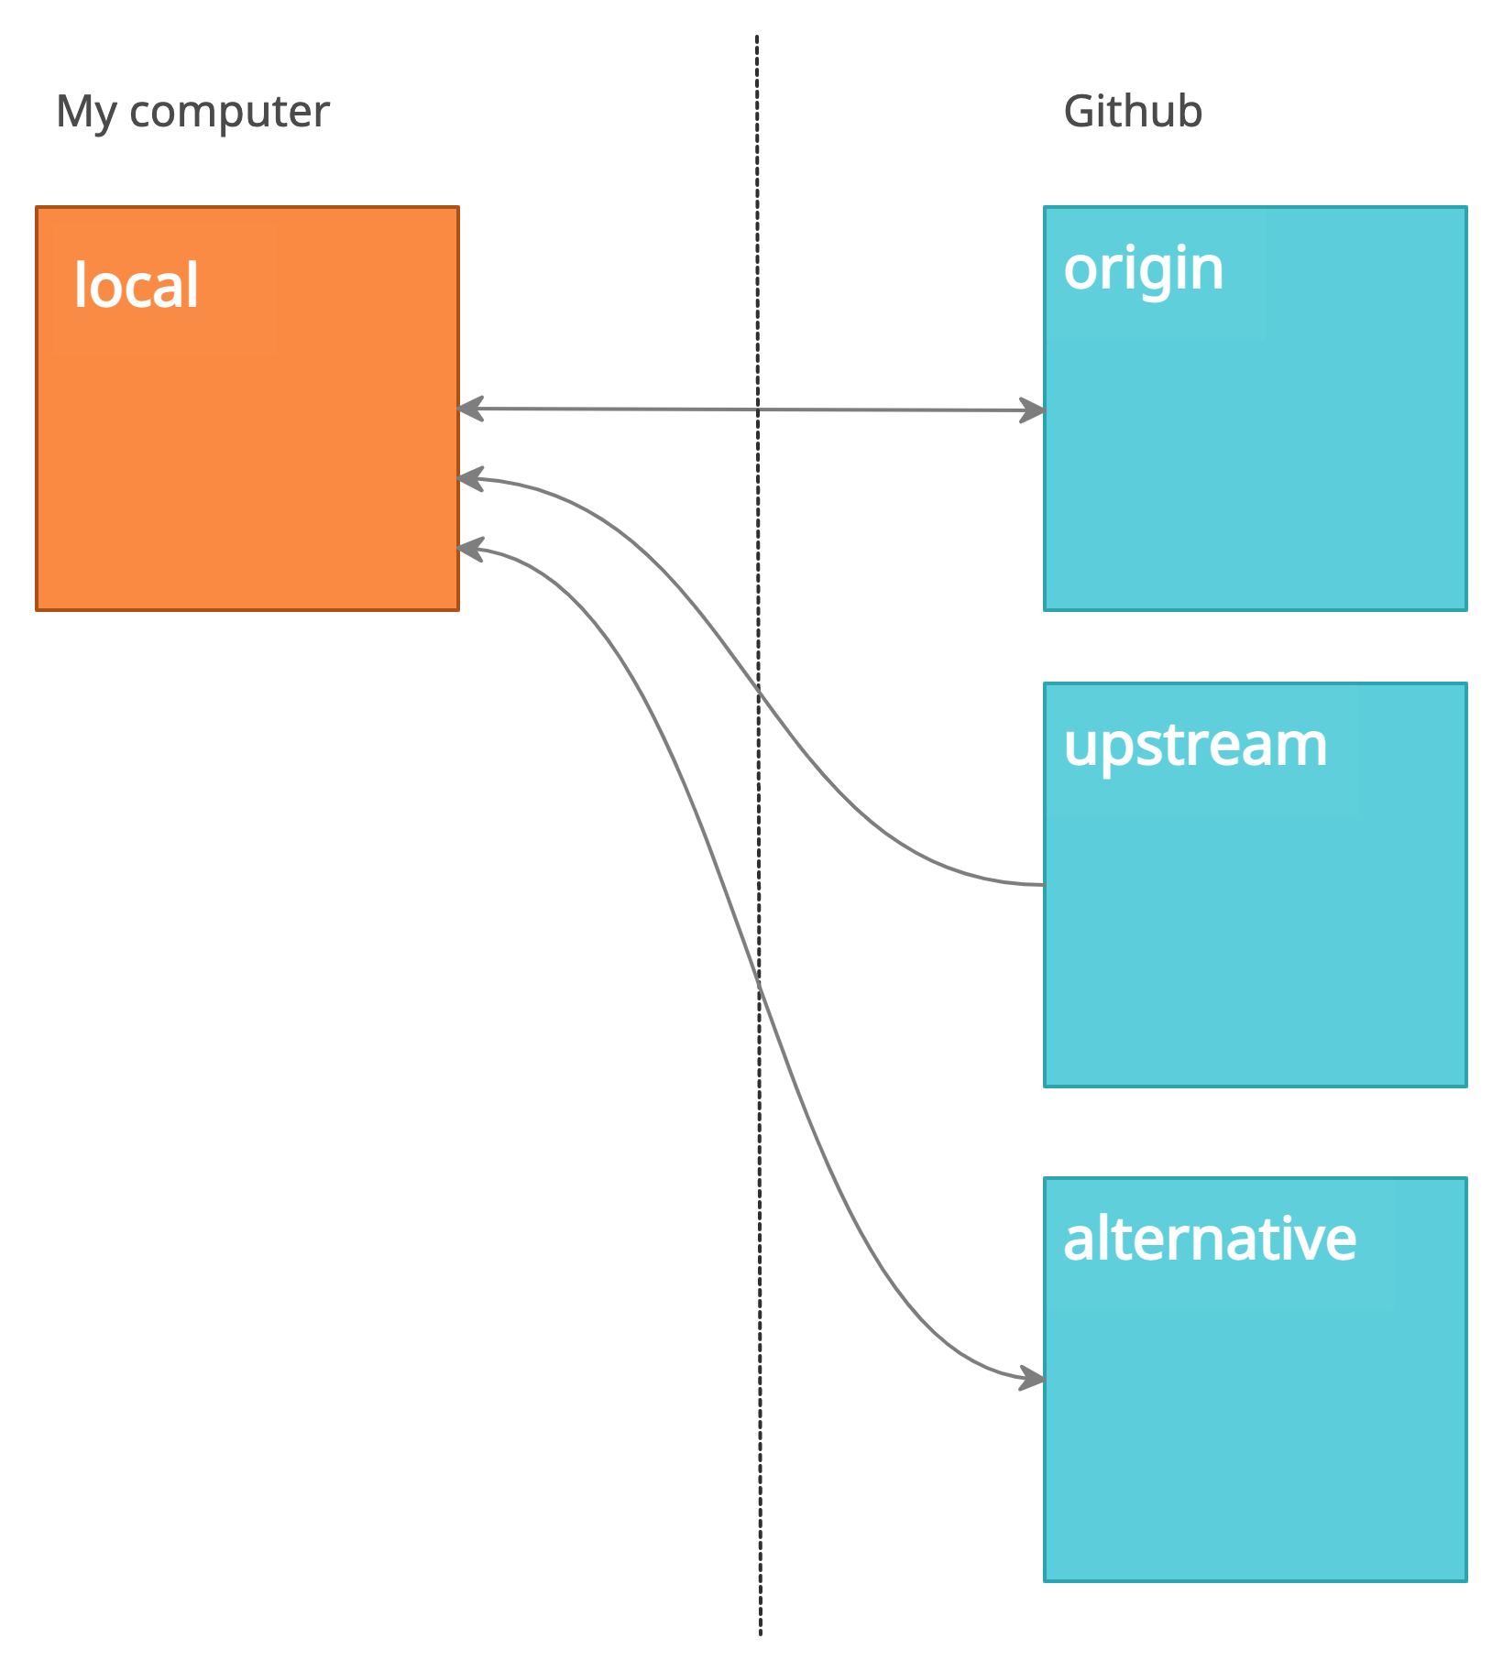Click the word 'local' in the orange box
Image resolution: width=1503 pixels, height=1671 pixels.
click(136, 285)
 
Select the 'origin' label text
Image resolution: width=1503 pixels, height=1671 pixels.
click(1143, 269)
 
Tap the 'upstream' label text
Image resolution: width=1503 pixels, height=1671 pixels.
click(1195, 746)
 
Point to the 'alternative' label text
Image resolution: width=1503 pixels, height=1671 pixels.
click(1209, 1239)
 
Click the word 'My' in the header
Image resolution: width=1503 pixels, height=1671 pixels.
click(86, 113)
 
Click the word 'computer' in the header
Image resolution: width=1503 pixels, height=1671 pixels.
click(229, 113)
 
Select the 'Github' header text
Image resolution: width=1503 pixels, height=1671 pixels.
click(1133, 112)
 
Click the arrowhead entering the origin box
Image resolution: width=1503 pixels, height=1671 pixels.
click(1034, 410)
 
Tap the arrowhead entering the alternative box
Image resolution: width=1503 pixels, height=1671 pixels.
click(1034, 1378)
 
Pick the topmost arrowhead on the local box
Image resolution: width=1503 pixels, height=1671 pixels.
click(469, 409)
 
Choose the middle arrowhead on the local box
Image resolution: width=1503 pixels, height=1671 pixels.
click(469, 478)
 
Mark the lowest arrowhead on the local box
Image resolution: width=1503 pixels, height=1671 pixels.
click(469, 549)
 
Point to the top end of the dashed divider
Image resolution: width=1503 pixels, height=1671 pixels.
click(757, 37)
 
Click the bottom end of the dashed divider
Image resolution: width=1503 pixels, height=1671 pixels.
click(761, 1633)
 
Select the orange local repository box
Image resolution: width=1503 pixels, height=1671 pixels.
click(247, 458)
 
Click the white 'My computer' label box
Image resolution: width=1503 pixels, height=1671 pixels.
click(202, 115)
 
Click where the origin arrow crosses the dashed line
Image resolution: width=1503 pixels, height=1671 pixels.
click(757, 410)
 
